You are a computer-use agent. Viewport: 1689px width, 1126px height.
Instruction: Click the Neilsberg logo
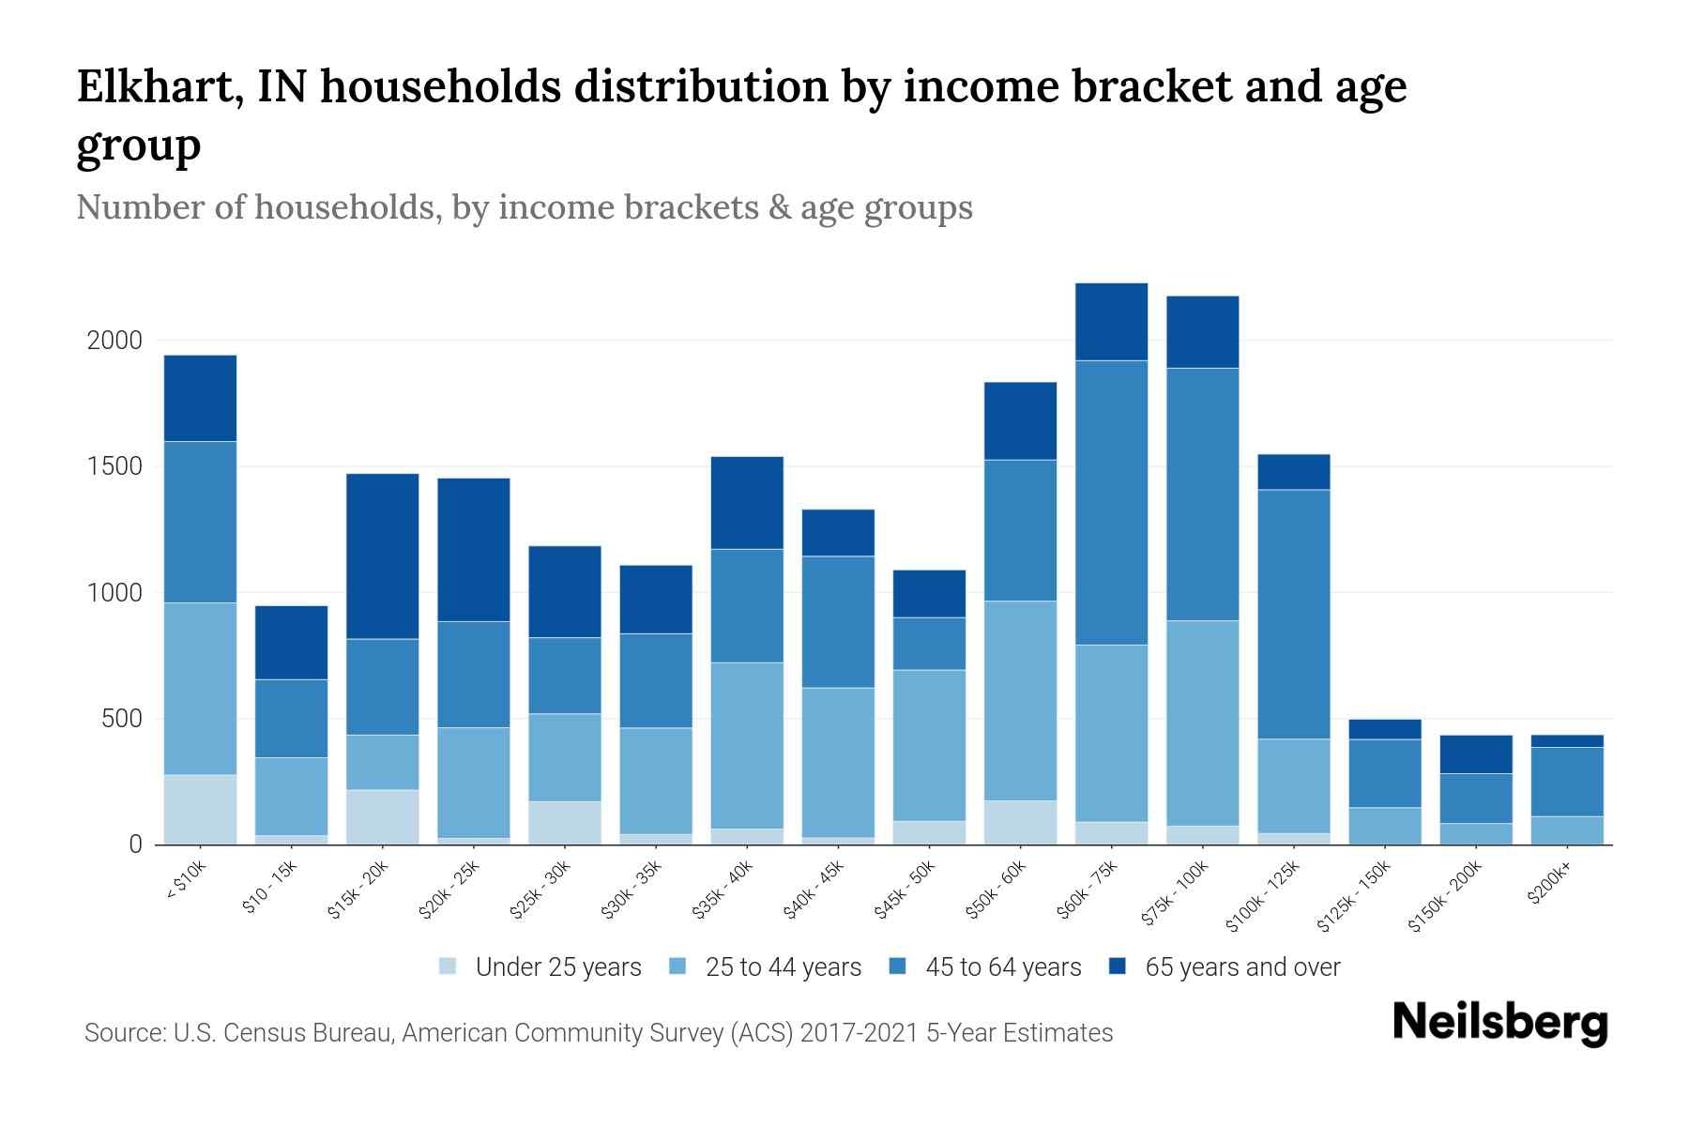pos(1499,1023)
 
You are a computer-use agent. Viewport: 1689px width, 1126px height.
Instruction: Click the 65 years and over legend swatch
pos(1118,966)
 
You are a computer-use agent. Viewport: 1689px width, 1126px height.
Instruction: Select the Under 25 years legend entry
pos(541,967)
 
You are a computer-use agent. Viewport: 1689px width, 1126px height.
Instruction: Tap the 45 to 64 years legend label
pos(1003,967)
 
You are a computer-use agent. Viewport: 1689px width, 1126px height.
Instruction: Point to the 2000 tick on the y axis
pos(114,341)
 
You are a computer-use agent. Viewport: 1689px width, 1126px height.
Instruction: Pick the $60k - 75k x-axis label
pos(1088,890)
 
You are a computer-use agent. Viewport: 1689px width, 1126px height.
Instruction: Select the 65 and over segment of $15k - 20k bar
pos(382,555)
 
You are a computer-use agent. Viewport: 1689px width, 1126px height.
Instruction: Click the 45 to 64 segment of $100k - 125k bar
pos(1294,614)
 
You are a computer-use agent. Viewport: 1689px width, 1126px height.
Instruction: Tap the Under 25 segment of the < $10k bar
pos(200,809)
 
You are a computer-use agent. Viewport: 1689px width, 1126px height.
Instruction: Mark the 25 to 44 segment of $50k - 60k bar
pos(1020,700)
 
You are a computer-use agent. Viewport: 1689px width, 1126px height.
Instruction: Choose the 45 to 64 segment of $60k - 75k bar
pos(1111,502)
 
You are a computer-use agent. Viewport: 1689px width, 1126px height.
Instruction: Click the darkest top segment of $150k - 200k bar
pos(1476,753)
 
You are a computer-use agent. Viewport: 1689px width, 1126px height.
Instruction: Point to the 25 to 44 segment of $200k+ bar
pos(1567,830)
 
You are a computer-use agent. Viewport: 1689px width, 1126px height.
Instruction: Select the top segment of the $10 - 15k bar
pos(291,642)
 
